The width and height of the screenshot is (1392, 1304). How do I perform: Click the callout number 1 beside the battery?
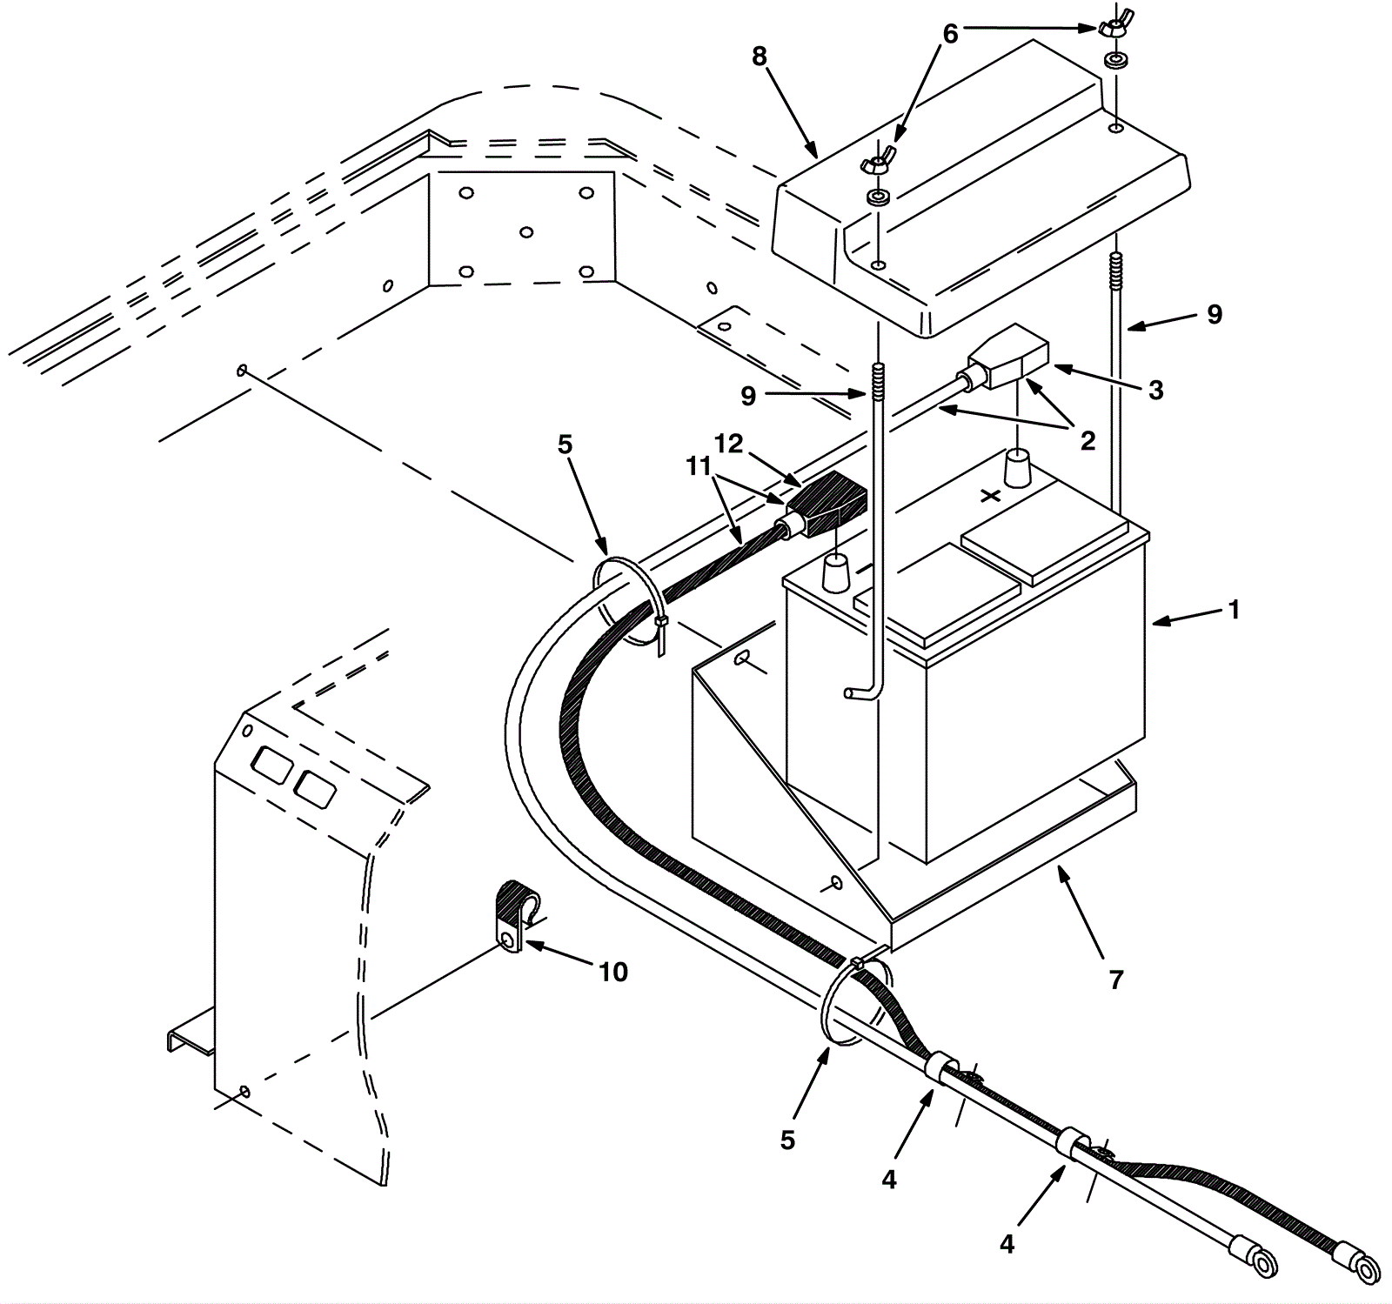click(1233, 610)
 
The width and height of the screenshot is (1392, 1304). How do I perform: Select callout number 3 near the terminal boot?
click(1155, 391)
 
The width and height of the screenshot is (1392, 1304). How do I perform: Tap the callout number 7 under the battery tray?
click(1116, 980)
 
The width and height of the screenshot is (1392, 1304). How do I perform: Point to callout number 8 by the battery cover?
click(760, 57)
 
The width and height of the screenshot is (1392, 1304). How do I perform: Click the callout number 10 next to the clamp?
click(613, 972)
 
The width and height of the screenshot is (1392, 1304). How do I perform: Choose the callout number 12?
click(728, 444)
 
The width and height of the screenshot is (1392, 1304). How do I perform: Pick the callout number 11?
click(698, 467)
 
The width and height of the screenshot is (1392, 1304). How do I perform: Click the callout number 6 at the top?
click(950, 34)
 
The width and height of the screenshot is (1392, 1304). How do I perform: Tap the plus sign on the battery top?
click(990, 497)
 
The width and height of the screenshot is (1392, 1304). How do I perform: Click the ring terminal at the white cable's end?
click(1261, 1261)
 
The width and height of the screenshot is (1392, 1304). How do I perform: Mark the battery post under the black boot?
click(836, 575)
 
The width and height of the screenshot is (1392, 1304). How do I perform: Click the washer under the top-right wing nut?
click(1113, 62)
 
